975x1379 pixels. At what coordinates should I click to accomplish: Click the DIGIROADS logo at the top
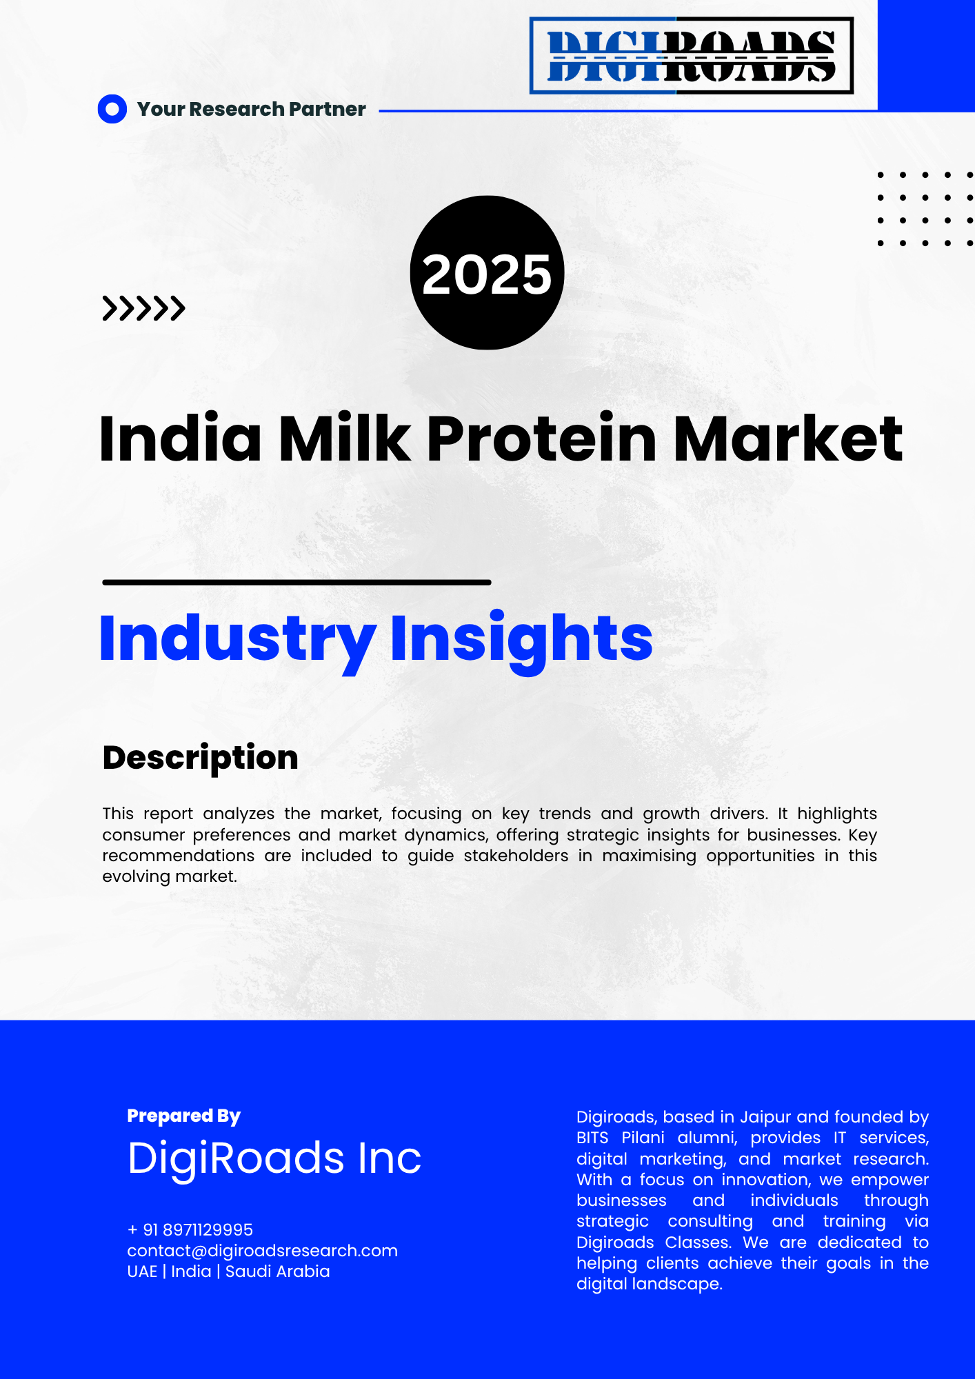tap(692, 55)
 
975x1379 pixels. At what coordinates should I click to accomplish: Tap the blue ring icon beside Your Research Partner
tap(112, 109)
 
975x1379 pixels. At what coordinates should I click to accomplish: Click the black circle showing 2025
tap(487, 273)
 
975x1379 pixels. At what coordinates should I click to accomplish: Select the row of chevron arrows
tap(143, 308)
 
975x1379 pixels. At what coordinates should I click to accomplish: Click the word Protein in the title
tap(541, 439)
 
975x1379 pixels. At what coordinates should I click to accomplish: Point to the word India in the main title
tap(181, 439)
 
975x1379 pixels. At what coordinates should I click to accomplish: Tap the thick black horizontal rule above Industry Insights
tap(296, 583)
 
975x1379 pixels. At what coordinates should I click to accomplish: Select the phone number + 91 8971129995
tap(190, 1229)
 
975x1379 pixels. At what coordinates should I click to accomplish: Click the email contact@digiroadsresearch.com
tap(263, 1251)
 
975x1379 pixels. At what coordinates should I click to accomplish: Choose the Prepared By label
tap(183, 1116)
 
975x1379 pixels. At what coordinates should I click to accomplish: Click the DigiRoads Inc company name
tap(274, 1158)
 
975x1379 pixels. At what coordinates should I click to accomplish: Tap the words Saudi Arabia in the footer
tap(278, 1271)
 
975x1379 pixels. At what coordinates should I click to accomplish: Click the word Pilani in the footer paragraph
tap(643, 1138)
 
